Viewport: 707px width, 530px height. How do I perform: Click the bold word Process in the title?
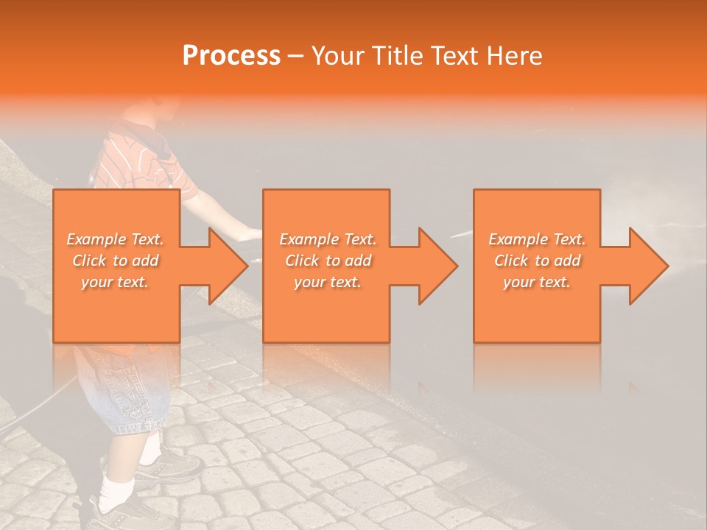pos(231,56)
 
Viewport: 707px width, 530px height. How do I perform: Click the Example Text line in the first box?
pos(116,239)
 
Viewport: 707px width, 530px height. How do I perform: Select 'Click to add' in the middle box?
pos(328,261)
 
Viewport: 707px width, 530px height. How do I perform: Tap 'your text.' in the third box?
pos(537,282)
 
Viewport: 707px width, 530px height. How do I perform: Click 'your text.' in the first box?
pos(116,282)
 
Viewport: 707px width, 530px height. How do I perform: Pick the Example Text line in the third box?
pos(537,239)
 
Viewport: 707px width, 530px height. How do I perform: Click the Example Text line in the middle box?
pos(328,239)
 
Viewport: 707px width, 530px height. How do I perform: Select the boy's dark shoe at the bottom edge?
pos(118,515)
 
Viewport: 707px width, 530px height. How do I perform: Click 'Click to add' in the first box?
pos(116,261)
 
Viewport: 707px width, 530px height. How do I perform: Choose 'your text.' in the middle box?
pos(328,282)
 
